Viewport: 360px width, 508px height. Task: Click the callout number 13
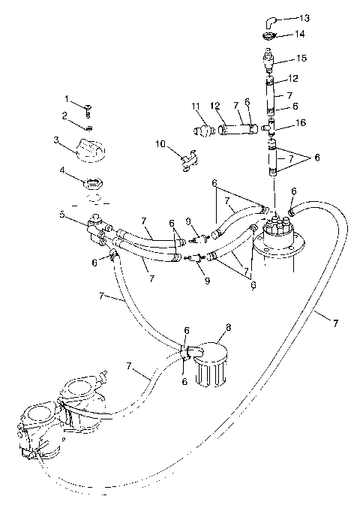(x=304, y=17)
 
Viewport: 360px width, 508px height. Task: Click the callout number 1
(x=66, y=98)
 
